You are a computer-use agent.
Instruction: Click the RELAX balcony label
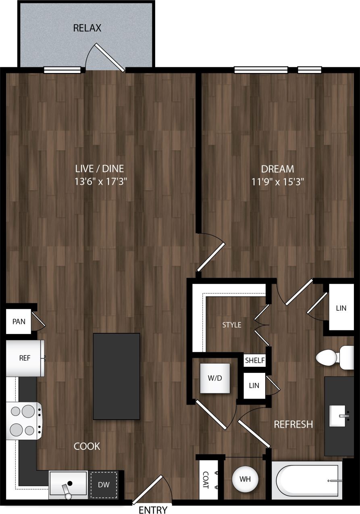click(87, 28)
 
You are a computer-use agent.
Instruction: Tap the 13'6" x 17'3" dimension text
click(101, 182)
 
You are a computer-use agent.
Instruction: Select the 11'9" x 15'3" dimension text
click(277, 182)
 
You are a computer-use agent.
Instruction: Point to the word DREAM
click(277, 169)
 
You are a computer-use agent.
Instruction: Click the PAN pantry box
click(19, 322)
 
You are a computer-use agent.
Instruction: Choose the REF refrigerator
click(25, 358)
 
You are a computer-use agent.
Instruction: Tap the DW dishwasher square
click(104, 484)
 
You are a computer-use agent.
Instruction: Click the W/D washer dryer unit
click(215, 378)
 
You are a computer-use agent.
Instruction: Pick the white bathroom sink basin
click(338, 416)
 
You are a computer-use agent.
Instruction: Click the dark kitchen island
click(117, 376)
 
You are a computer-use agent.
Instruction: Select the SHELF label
click(255, 360)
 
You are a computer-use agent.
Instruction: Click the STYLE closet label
click(232, 325)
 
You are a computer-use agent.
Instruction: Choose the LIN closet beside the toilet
click(341, 308)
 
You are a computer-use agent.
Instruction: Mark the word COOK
click(87, 446)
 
